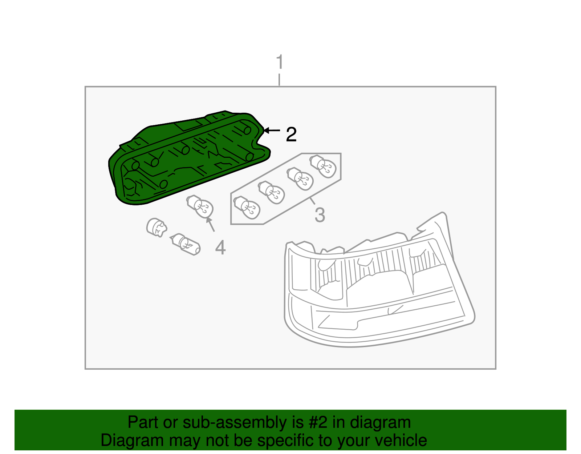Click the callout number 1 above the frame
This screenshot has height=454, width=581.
click(x=279, y=62)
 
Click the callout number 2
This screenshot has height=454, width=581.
click(x=291, y=134)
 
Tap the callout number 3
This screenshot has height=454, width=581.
click(x=320, y=214)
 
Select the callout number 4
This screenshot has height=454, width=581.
click(x=220, y=248)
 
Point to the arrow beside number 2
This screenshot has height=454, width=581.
click(x=272, y=130)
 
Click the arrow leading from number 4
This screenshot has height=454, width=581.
click(x=211, y=224)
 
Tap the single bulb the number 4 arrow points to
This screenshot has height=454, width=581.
click(x=200, y=206)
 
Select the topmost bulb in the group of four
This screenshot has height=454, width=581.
click(x=323, y=166)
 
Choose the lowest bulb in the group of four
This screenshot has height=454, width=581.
click(x=247, y=208)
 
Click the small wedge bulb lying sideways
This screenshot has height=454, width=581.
click(x=186, y=243)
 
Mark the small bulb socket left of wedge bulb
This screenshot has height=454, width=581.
click(x=156, y=227)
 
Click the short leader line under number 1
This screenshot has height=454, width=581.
click(x=279, y=80)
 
